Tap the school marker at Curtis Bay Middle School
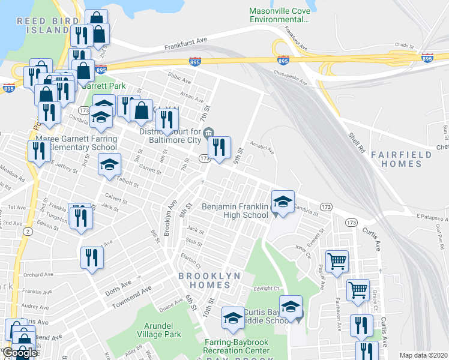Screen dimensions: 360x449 tap(291, 307)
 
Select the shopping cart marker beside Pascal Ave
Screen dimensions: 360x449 tap(337, 261)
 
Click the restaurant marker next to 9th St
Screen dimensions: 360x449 tap(219, 146)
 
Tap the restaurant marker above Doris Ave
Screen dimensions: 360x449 tap(92, 258)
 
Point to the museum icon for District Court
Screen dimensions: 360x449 tap(208, 133)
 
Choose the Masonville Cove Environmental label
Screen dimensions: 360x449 tap(279, 15)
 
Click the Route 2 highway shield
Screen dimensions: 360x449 tap(28, 231)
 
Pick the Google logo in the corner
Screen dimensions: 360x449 tap(20, 352)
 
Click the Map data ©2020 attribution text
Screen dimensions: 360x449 tap(423, 355)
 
